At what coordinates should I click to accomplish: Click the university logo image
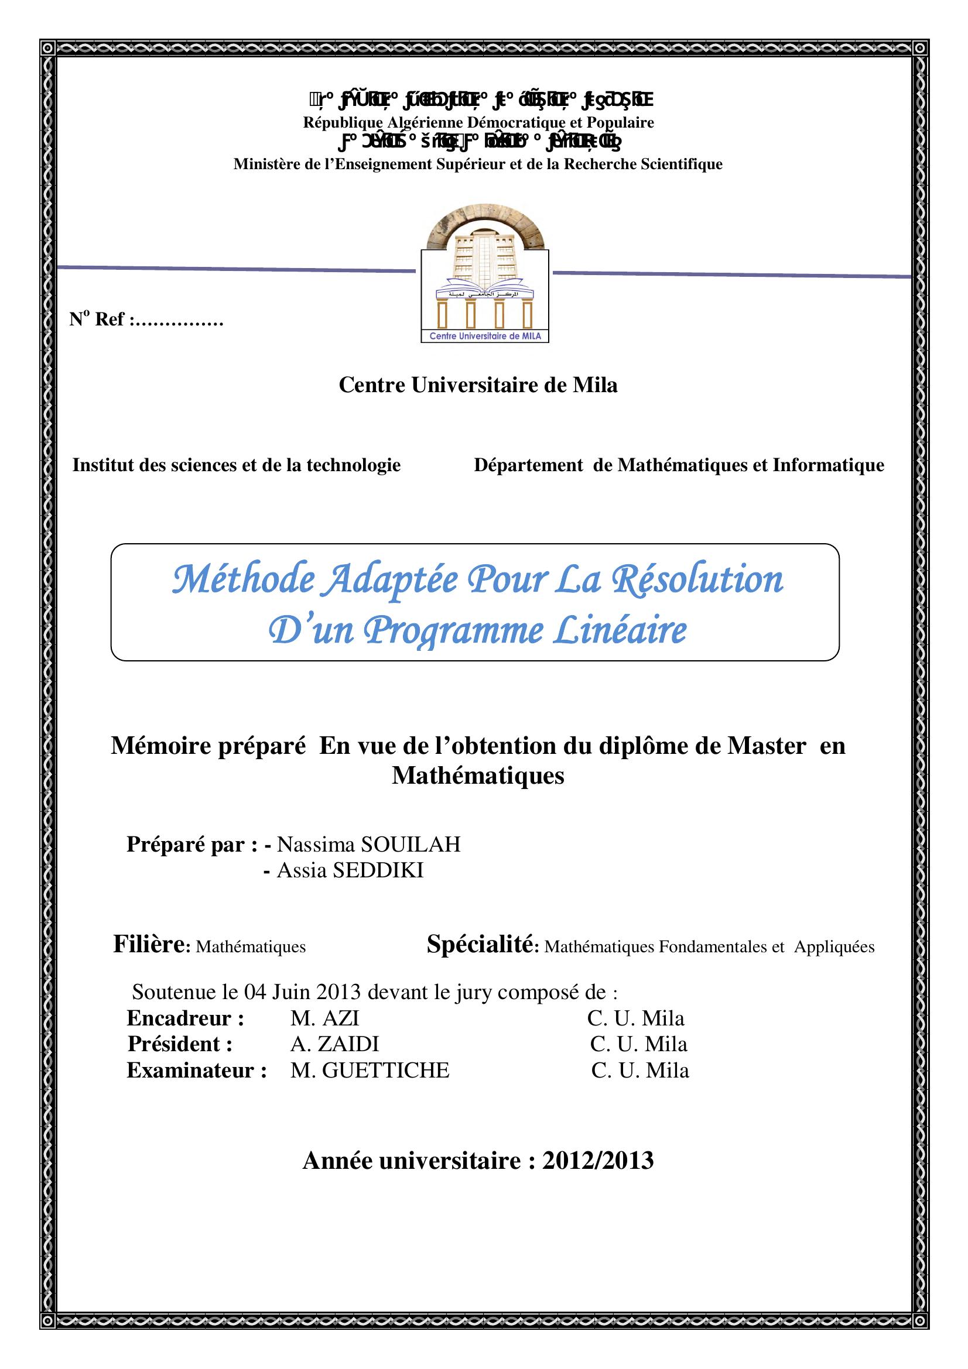tap(484, 279)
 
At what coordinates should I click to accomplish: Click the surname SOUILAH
tap(411, 845)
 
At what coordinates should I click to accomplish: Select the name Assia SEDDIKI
tap(350, 870)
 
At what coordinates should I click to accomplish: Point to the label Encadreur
tap(186, 1018)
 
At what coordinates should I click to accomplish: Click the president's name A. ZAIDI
tap(334, 1044)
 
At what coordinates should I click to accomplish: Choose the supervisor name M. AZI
tap(324, 1018)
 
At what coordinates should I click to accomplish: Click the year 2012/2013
tap(598, 1161)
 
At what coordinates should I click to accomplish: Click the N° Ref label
tap(97, 320)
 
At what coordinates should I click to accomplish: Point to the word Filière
tap(149, 945)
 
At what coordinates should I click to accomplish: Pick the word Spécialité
tap(480, 945)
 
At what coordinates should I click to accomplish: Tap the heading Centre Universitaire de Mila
tap(478, 385)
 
